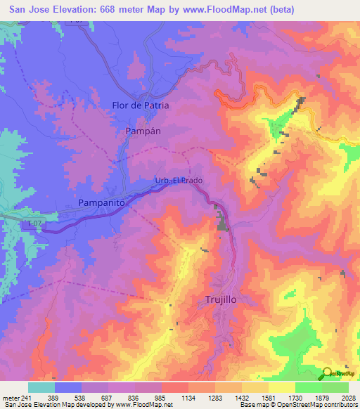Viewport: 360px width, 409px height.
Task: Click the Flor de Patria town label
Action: point(141,105)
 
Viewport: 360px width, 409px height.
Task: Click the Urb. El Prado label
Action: point(179,181)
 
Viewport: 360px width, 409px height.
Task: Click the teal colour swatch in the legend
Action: point(41,387)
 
